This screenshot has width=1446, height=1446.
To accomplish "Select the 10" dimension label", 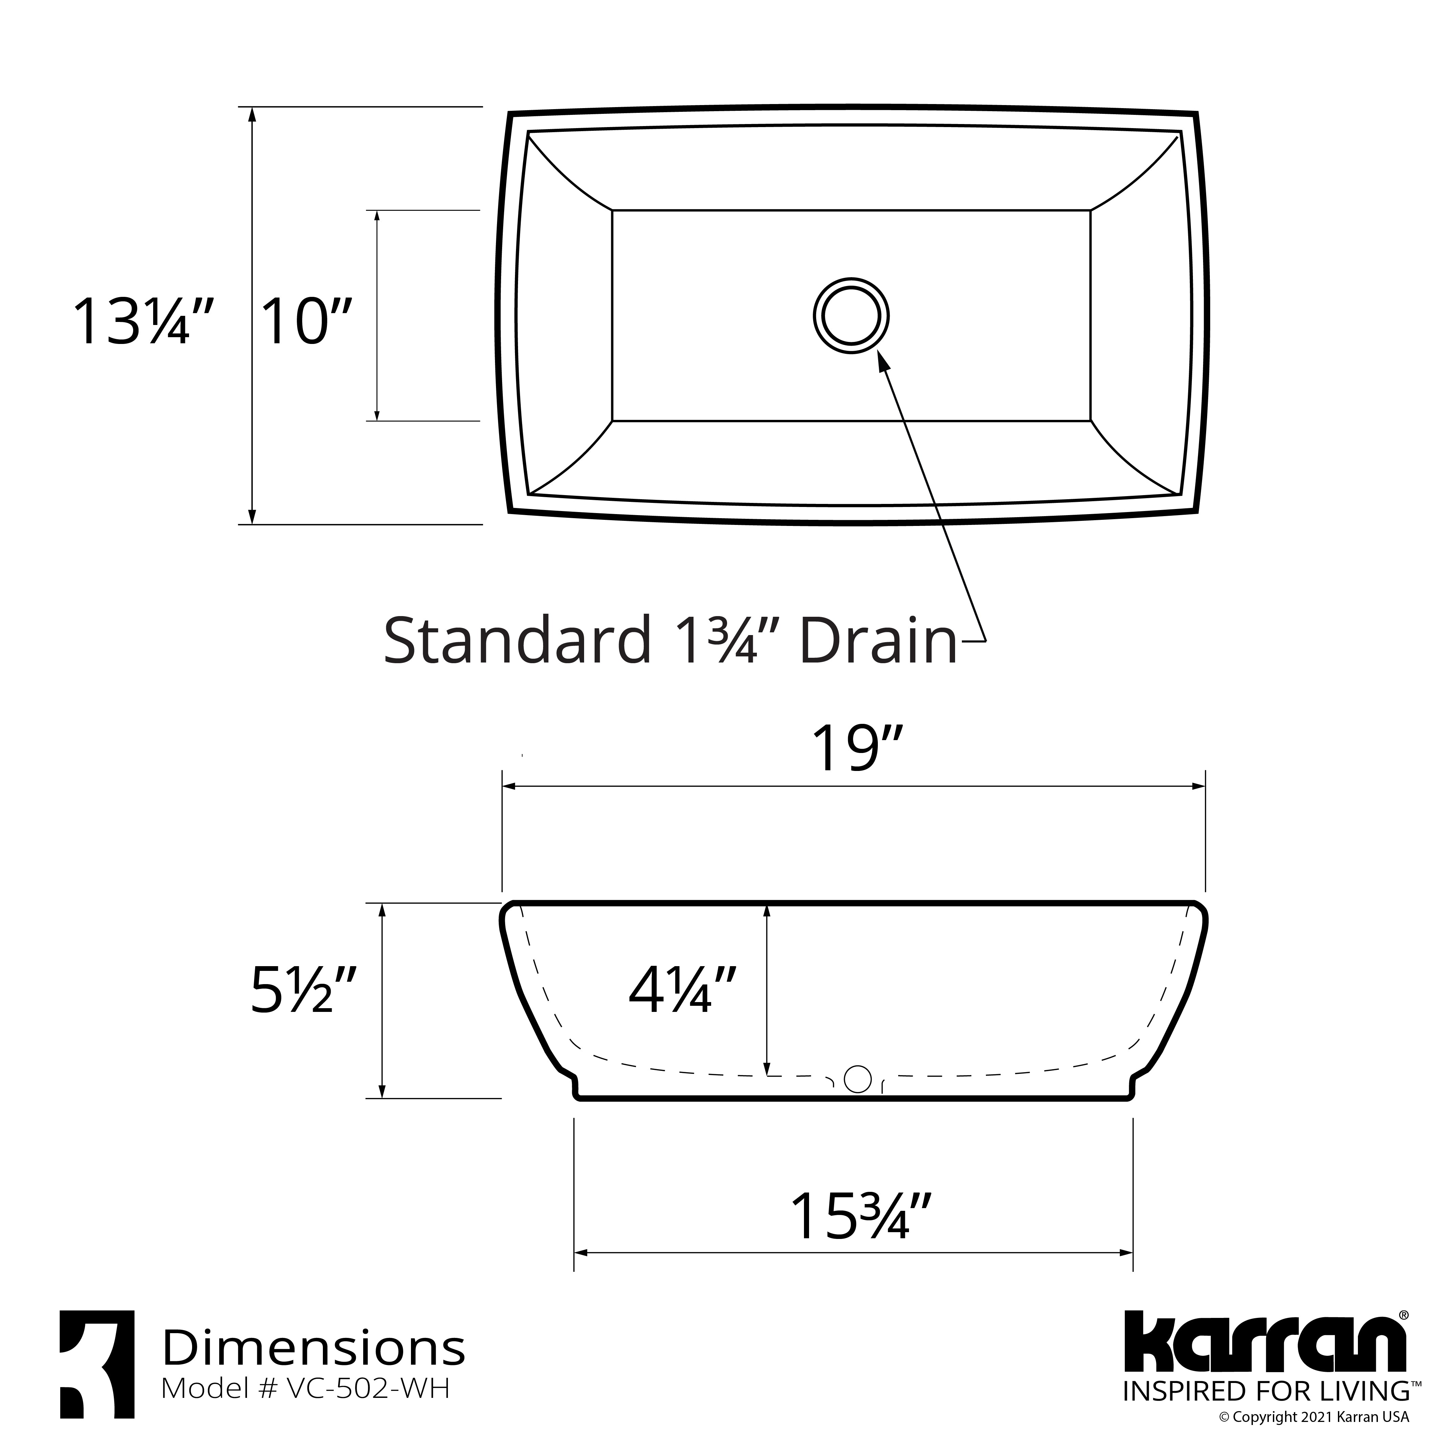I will point(305,322).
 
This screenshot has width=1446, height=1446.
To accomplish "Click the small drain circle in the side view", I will point(857,1079).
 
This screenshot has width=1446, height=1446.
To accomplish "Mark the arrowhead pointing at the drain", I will point(883,361).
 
